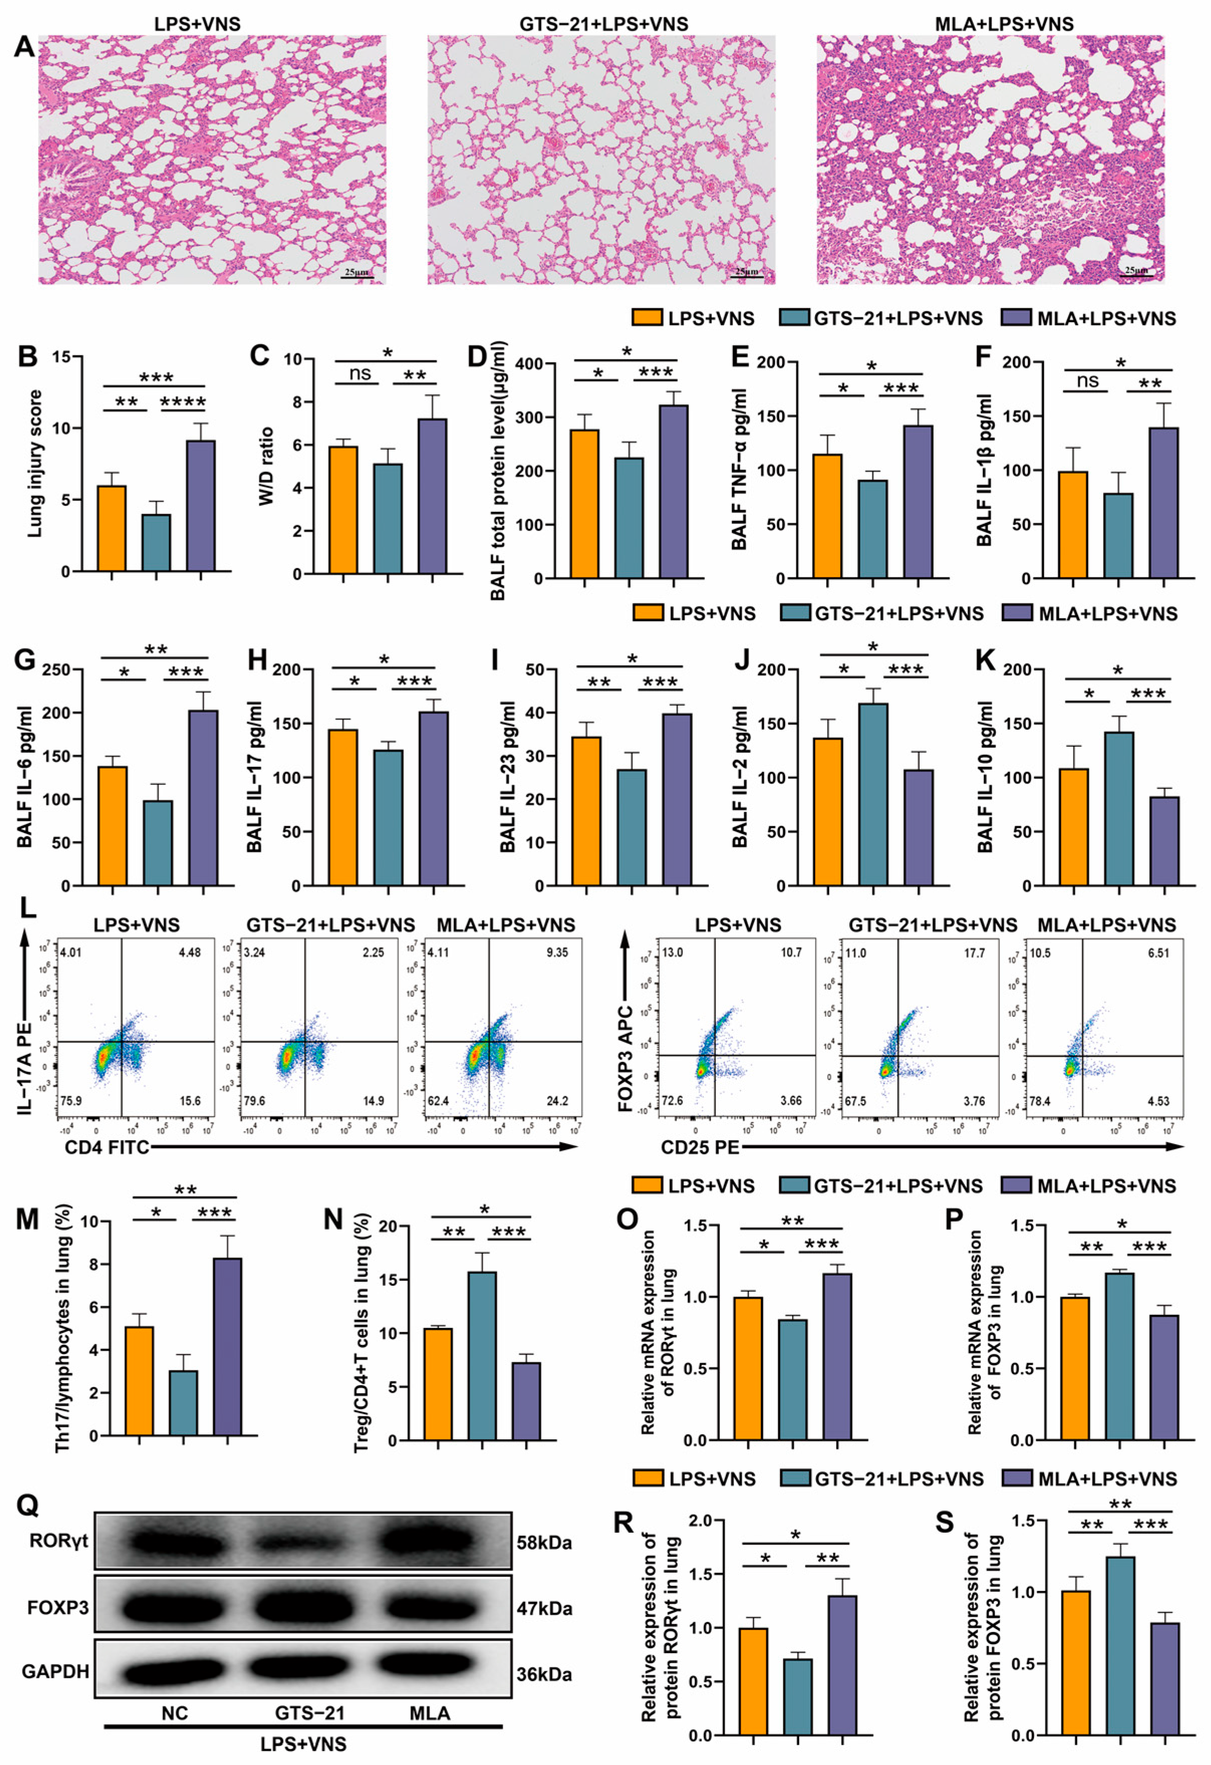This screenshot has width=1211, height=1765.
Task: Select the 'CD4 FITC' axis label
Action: tap(106, 1147)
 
